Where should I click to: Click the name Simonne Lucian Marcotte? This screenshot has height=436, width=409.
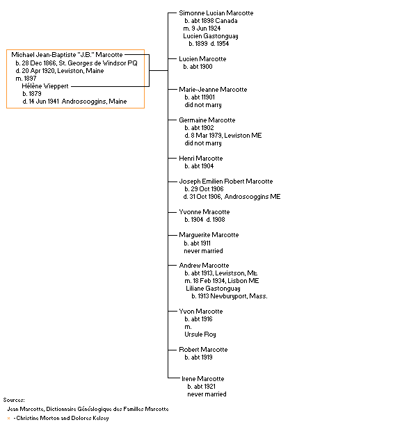pos(216,13)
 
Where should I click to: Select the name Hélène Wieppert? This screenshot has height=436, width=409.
pos(45,86)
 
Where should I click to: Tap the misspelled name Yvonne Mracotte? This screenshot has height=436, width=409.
pos(205,212)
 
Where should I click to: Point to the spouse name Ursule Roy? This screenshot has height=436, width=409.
pos(200,334)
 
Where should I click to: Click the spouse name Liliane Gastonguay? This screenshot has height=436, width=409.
pos(213,289)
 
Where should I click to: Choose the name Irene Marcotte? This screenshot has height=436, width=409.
pos(203,379)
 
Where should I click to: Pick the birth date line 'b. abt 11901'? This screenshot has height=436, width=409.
pos(200,97)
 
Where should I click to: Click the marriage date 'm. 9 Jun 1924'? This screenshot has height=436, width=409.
pos(202,29)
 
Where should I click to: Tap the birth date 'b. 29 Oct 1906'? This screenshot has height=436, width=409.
pos(205,189)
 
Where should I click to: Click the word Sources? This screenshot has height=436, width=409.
pos(14,400)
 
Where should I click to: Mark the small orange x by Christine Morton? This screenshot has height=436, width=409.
pos(8,418)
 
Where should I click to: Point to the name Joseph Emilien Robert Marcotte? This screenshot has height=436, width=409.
pos(226,181)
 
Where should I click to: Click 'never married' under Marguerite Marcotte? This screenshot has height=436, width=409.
pos(203,251)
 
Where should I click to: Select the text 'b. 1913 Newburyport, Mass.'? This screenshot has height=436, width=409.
pos(230,296)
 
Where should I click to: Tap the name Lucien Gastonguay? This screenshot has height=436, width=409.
pos(211,36)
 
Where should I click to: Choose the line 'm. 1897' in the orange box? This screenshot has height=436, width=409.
pos(26,79)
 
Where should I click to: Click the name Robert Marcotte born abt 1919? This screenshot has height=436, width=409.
pos(203,350)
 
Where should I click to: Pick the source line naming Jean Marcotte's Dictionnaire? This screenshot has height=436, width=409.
pos(88,409)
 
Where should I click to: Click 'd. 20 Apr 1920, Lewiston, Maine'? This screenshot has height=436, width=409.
pos(60,71)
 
